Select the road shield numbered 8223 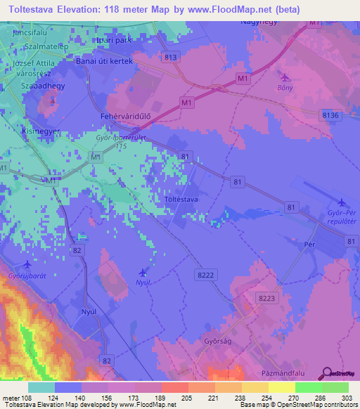click(x=266, y=298)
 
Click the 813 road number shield click(x=169, y=56)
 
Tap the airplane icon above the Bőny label click(x=284, y=77)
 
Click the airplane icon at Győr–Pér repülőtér click(x=342, y=202)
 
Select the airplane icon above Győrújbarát click(x=27, y=265)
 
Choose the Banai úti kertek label click(x=104, y=61)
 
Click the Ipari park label click(x=114, y=40)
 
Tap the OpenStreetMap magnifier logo click(x=326, y=372)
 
